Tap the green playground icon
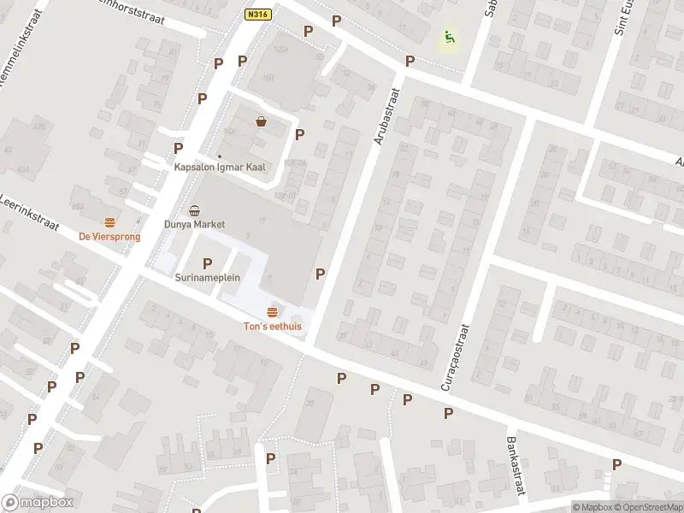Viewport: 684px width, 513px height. pos(449,38)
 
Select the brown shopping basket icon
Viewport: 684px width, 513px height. pos(261,122)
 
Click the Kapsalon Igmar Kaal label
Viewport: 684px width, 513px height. pos(220,168)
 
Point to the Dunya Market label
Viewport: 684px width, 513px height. pos(194,225)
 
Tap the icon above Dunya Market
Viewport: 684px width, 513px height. pos(194,210)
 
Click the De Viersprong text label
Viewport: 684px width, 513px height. pos(109,237)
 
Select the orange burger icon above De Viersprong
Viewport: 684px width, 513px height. pos(109,222)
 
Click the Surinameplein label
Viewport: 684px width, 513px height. pos(207,278)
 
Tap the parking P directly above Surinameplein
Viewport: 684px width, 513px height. pos(207,263)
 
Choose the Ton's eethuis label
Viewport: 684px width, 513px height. pos(273,326)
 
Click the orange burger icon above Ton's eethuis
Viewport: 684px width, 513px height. pos(273,311)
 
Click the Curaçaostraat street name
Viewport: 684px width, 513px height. pos(455,357)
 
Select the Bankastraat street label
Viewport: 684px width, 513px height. pos(514,466)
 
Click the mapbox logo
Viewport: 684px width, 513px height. pos(38,503)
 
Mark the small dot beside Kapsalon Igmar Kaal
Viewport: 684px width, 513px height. pos(220,156)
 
